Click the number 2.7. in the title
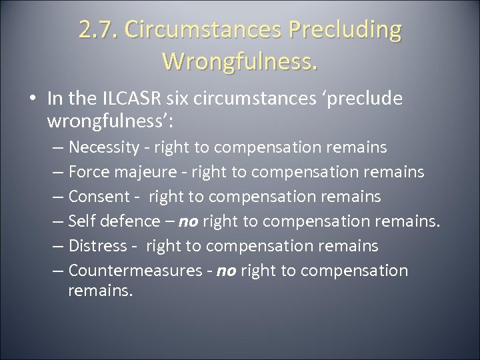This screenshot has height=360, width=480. click(98, 31)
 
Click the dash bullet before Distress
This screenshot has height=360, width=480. click(58, 246)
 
